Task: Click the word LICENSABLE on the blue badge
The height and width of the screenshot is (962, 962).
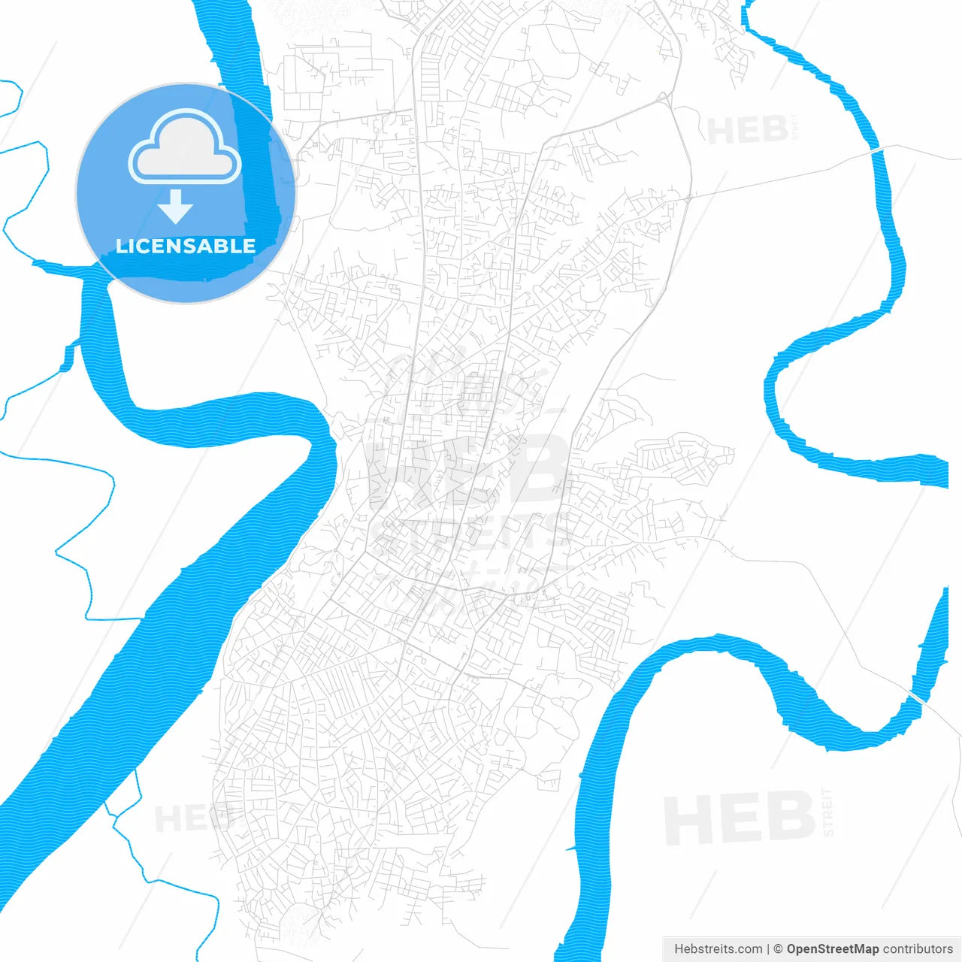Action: [x=186, y=246]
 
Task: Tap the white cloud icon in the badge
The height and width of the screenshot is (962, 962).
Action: [x=185, y=148]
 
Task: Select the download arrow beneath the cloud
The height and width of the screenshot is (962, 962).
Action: [x=176, y=207]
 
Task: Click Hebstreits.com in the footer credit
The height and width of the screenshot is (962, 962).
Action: [x=718, y=949]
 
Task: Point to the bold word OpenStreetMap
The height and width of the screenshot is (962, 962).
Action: [x=833, y=949]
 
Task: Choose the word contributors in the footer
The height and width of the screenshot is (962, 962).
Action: [x=918, y=949]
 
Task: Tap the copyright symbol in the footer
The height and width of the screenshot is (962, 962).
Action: [x=779, y=949]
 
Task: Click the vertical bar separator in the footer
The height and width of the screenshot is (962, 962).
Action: [x=768, y=949]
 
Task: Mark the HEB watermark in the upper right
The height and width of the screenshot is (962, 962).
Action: [x=747, y=132]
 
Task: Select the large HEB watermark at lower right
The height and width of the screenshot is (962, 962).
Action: [x=740, y=818]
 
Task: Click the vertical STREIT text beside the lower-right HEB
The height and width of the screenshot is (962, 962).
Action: [x=827, y=812]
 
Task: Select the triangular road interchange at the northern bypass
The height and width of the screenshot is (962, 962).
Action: [x=663, y=98]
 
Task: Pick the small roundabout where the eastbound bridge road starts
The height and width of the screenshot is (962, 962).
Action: [x=688, y=197]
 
